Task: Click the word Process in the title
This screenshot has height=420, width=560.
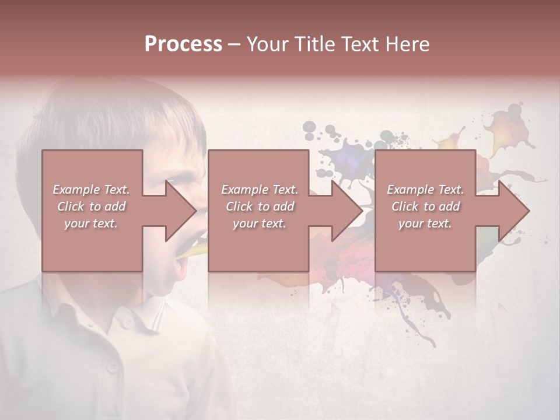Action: [x=183, y=44]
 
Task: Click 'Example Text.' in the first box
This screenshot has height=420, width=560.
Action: [x=92, y=190]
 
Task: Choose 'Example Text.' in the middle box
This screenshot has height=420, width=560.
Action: [x=260, y=190]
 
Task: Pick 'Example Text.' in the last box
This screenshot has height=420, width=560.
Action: [x=425, y=190]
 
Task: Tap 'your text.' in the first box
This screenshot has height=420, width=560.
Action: [x=91, y=223]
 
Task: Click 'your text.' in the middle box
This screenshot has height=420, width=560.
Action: [x=259, y=223]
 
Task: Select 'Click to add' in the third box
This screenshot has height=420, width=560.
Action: [x=425, y=206]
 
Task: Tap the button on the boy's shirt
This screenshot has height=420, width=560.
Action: [x=111, y=367]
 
